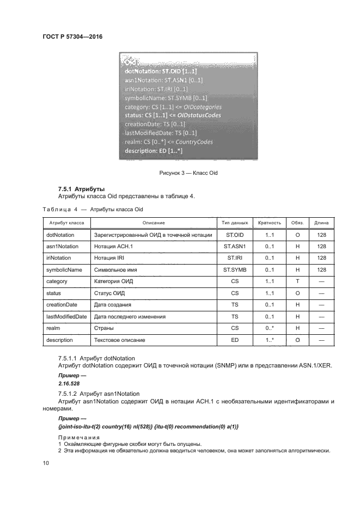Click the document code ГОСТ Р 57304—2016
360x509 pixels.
72,36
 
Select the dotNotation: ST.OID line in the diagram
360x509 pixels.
161,71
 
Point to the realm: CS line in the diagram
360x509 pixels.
168,142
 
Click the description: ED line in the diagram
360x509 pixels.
153,150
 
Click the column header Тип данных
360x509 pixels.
235,223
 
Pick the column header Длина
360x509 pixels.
321,223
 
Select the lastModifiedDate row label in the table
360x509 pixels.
66,316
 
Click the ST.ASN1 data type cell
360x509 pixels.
235,246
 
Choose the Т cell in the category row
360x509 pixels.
297,281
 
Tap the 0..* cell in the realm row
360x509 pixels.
269,328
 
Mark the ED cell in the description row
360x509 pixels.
235,340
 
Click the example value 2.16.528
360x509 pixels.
68,383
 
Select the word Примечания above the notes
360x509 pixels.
79,437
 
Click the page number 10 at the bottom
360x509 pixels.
46,463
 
